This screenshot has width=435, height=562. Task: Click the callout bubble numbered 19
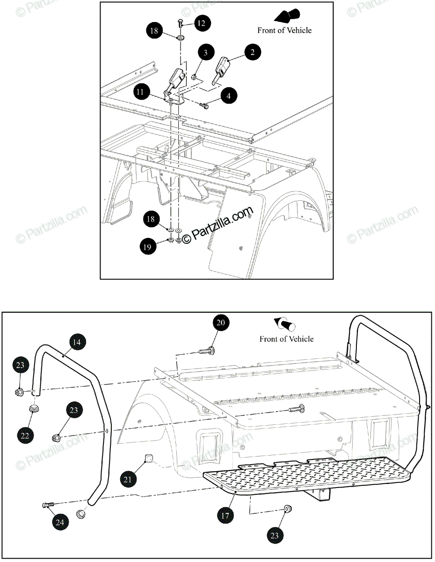(147, 246)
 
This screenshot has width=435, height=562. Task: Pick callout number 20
(222, 323)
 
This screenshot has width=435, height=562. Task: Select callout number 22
(26, 436)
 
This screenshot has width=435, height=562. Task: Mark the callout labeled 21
(128, 479)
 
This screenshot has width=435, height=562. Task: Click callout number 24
(60, 522)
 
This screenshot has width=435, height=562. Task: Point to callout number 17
(225, 516)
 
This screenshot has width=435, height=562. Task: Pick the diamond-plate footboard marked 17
(309, 473)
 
